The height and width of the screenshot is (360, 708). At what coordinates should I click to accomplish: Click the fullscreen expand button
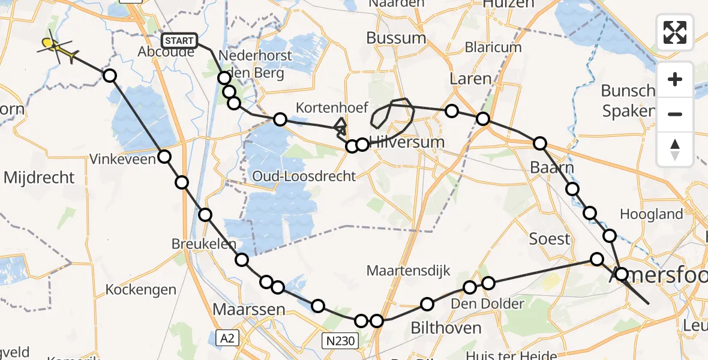coord(675,32)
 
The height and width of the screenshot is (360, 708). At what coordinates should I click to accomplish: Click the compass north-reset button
coord(675,149)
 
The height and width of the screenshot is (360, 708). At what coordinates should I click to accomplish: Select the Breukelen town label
coord(204,245)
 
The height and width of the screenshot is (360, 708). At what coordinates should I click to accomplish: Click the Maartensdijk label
coord(409,271)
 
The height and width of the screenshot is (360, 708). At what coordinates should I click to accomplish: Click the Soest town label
coord(549,239)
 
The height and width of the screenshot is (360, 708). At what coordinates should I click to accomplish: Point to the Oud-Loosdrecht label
coord(304,176)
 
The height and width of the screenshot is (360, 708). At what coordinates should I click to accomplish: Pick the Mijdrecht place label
coord(39,178)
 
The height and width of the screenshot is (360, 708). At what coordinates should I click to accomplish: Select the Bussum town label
coord(396,38)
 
